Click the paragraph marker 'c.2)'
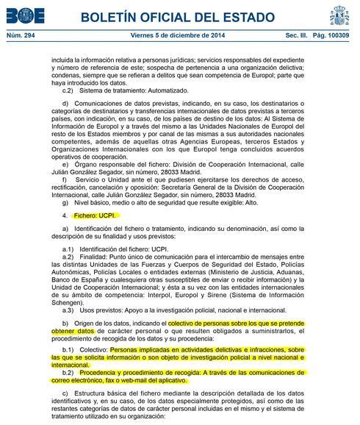(x=68, y=90)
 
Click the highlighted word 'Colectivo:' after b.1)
(x=95, y=351)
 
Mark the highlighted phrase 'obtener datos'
(x=74, y=332)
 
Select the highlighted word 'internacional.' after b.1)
(x=71, y=365)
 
